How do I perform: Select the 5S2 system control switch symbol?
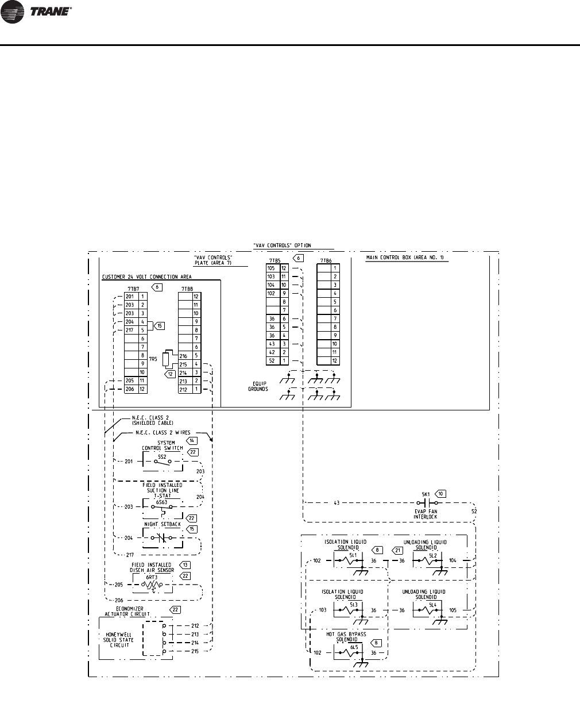tap(163, 461)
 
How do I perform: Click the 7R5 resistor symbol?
tap(166, 360)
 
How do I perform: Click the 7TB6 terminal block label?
tap(325, 260)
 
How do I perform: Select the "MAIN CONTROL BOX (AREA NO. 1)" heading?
tap(407, 258)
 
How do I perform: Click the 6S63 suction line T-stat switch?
tap(162, 507)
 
